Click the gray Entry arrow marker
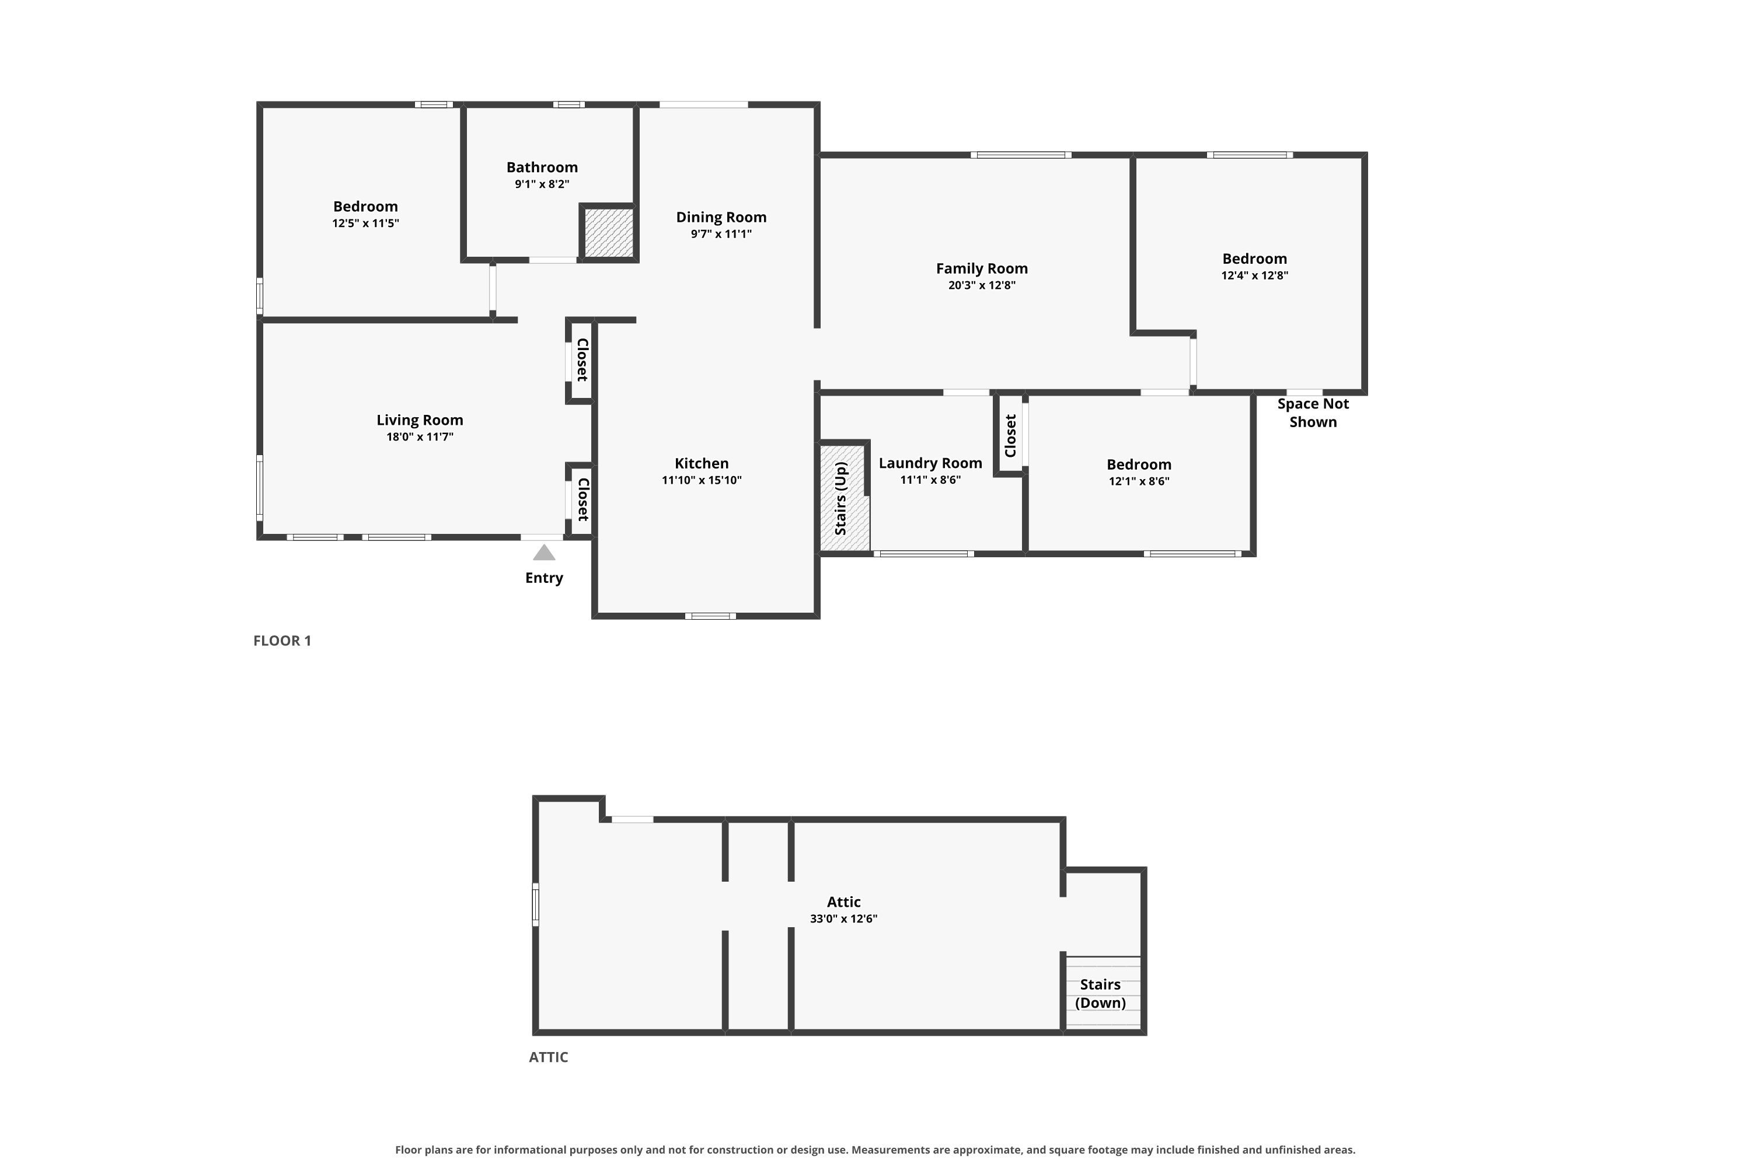pyautogui.click(x=544, y=552)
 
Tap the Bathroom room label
pyautogui.click(x=542, y=167)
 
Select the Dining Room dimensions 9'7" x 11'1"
pyautogui.click(x=721, y=235)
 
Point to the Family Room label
pyautogui.click(x=981, y=268)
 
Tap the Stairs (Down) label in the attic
pyautogui.click(x=1100, y=994)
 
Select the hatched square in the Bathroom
pyautogui.click(x=608, y=233)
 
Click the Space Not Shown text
pyautogui.click(x=1313, y=413)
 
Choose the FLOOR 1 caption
pyautogui.click(x=282, y=641)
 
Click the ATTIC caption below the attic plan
pyautogui.click(x=548, y=1057)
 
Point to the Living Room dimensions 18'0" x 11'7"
pyautogui.click(x=419, y=437)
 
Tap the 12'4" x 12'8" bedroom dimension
pyautogui.click(x=1254, y=275)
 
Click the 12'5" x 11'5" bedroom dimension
pyautogui.click(x=365, y=223)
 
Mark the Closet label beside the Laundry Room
pyautogui.click(x=1010, y=436)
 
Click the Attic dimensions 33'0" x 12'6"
pyautogui.click(x=843, y=918)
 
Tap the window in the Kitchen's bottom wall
pyautogui.click(x=710, y=616)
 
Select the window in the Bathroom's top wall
pyautogui.click(x=568, y=105)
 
